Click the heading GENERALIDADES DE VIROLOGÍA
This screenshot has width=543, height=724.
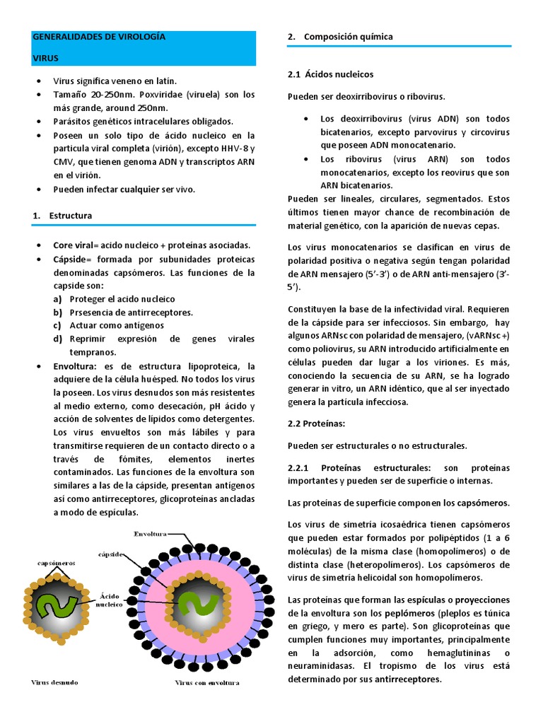[99, 37]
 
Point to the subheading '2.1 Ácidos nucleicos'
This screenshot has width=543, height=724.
[331, 74]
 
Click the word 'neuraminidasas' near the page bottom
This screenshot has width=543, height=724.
[325, 666]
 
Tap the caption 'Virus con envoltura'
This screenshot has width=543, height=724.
[207, 683]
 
